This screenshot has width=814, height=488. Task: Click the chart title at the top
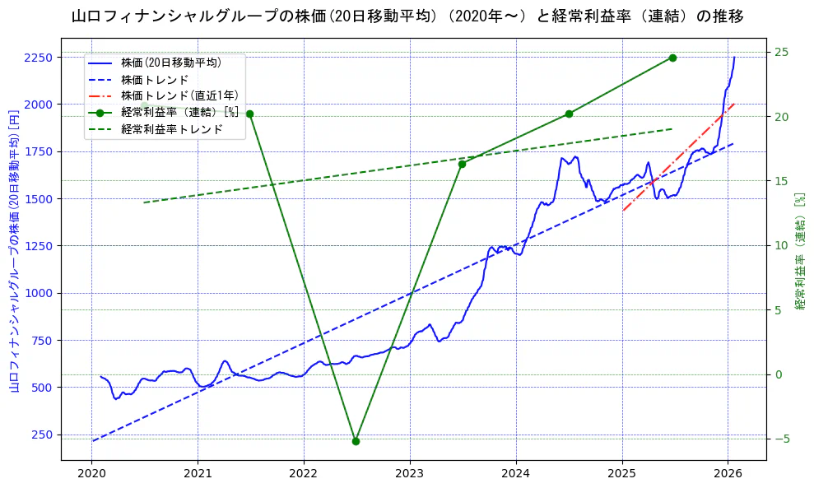(407, 16)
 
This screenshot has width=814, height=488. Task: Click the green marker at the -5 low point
(356, 441)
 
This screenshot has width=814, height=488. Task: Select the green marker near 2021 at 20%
(249, 114)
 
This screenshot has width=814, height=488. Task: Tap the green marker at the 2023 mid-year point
(462, 164)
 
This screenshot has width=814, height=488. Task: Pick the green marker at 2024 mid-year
(569, 114)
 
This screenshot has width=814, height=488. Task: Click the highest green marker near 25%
(672, 58)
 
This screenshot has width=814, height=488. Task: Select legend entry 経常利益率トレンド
(171, 129)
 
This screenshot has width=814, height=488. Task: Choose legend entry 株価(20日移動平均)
(170, 63)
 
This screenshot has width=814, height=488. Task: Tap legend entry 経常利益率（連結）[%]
(179, 113)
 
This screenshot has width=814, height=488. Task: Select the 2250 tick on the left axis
(38, 58)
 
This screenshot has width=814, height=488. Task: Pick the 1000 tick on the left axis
(38, 293)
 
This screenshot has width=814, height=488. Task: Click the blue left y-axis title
(14, 250)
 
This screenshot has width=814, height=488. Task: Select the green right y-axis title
(799, 251)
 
